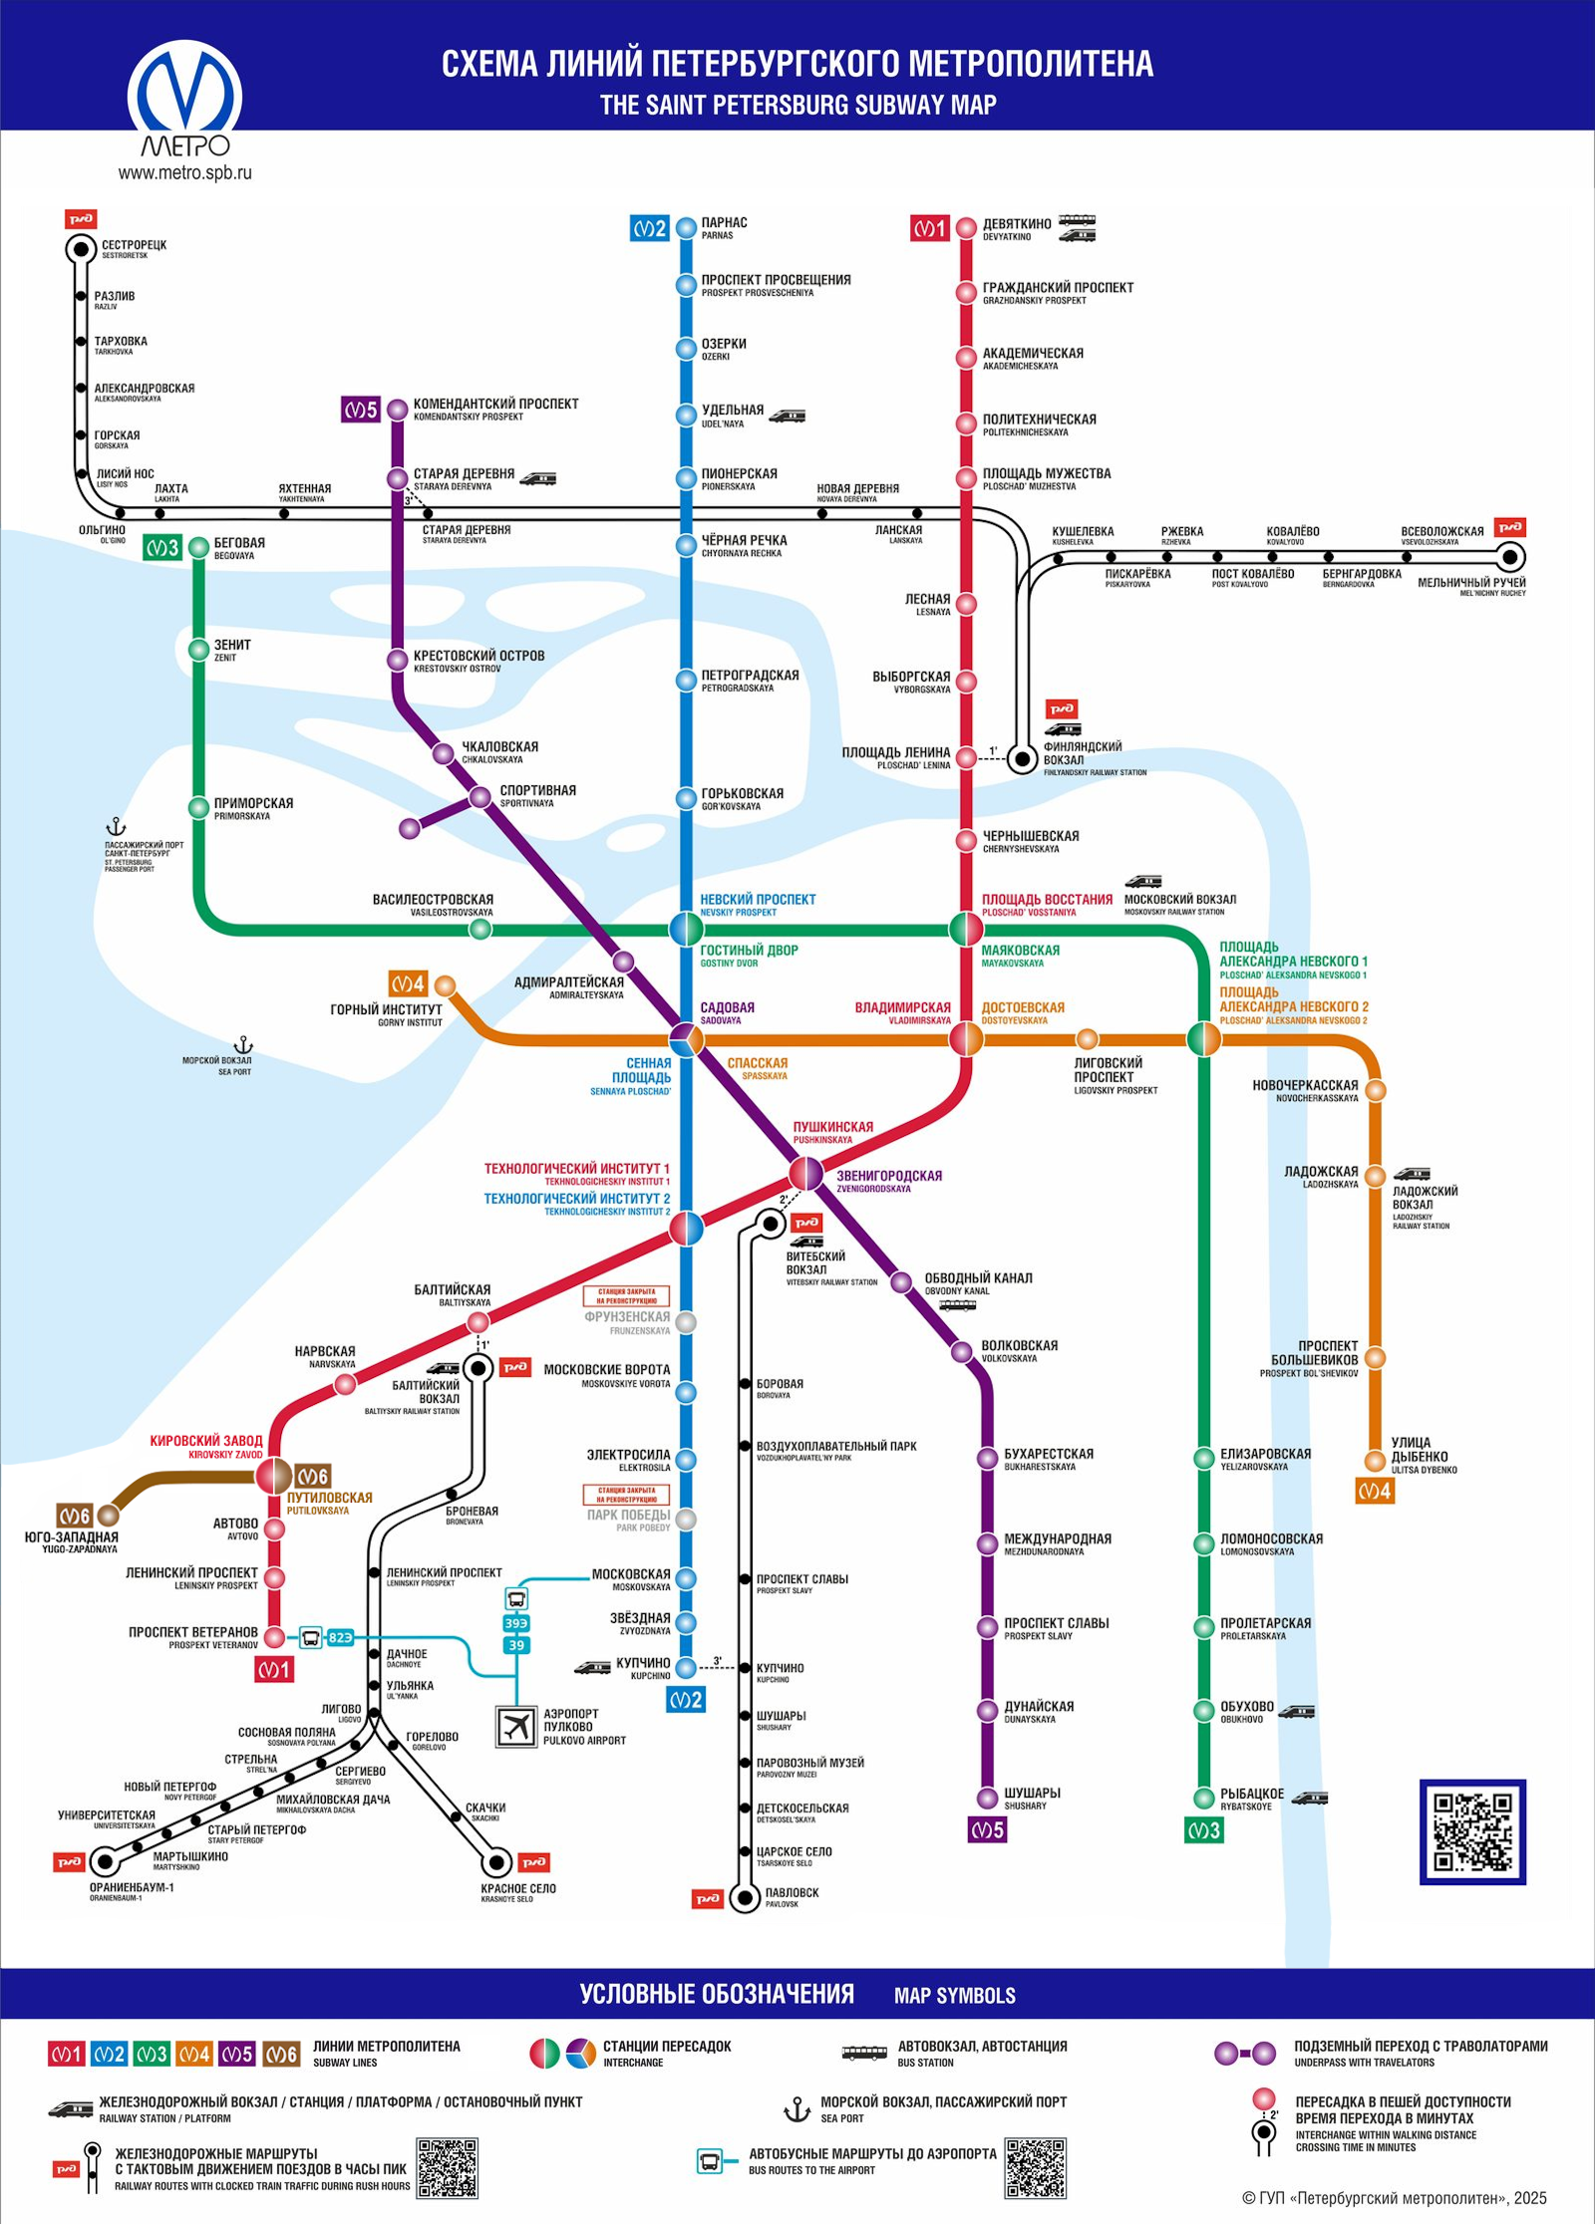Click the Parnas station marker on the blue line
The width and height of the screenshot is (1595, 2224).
click(686, 227)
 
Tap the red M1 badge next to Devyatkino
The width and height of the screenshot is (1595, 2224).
click(928, 228)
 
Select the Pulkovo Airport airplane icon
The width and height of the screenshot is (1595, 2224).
click(516, 1726)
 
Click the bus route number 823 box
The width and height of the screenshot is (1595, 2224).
click(340, 1637)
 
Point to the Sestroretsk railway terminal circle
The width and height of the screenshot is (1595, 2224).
click(81, 249)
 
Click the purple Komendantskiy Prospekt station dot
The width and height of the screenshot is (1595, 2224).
click(397, 410)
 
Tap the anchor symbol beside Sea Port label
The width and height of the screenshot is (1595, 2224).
click(243, 1045)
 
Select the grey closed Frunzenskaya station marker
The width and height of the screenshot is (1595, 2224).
click(686, 1322)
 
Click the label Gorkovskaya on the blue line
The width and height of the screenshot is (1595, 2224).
click(742, 794)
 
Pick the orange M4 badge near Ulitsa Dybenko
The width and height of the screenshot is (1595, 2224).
click(1375, 1492)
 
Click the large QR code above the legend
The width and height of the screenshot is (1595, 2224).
click(1472, 1831)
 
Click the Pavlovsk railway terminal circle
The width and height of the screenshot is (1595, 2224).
click(744, 1898)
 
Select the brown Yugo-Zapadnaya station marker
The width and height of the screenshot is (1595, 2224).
click(108, 1516)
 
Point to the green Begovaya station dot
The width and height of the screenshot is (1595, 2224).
click(198, 547)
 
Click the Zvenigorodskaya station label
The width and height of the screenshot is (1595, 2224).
click(888, 1176)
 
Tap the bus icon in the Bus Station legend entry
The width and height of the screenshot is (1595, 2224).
click(863, 2053)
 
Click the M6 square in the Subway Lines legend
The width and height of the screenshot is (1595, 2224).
click(281, 2055)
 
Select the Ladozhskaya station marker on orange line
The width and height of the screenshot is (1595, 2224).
click(1375, 1176)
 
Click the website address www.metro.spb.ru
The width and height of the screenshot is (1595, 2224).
click(185, 172)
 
